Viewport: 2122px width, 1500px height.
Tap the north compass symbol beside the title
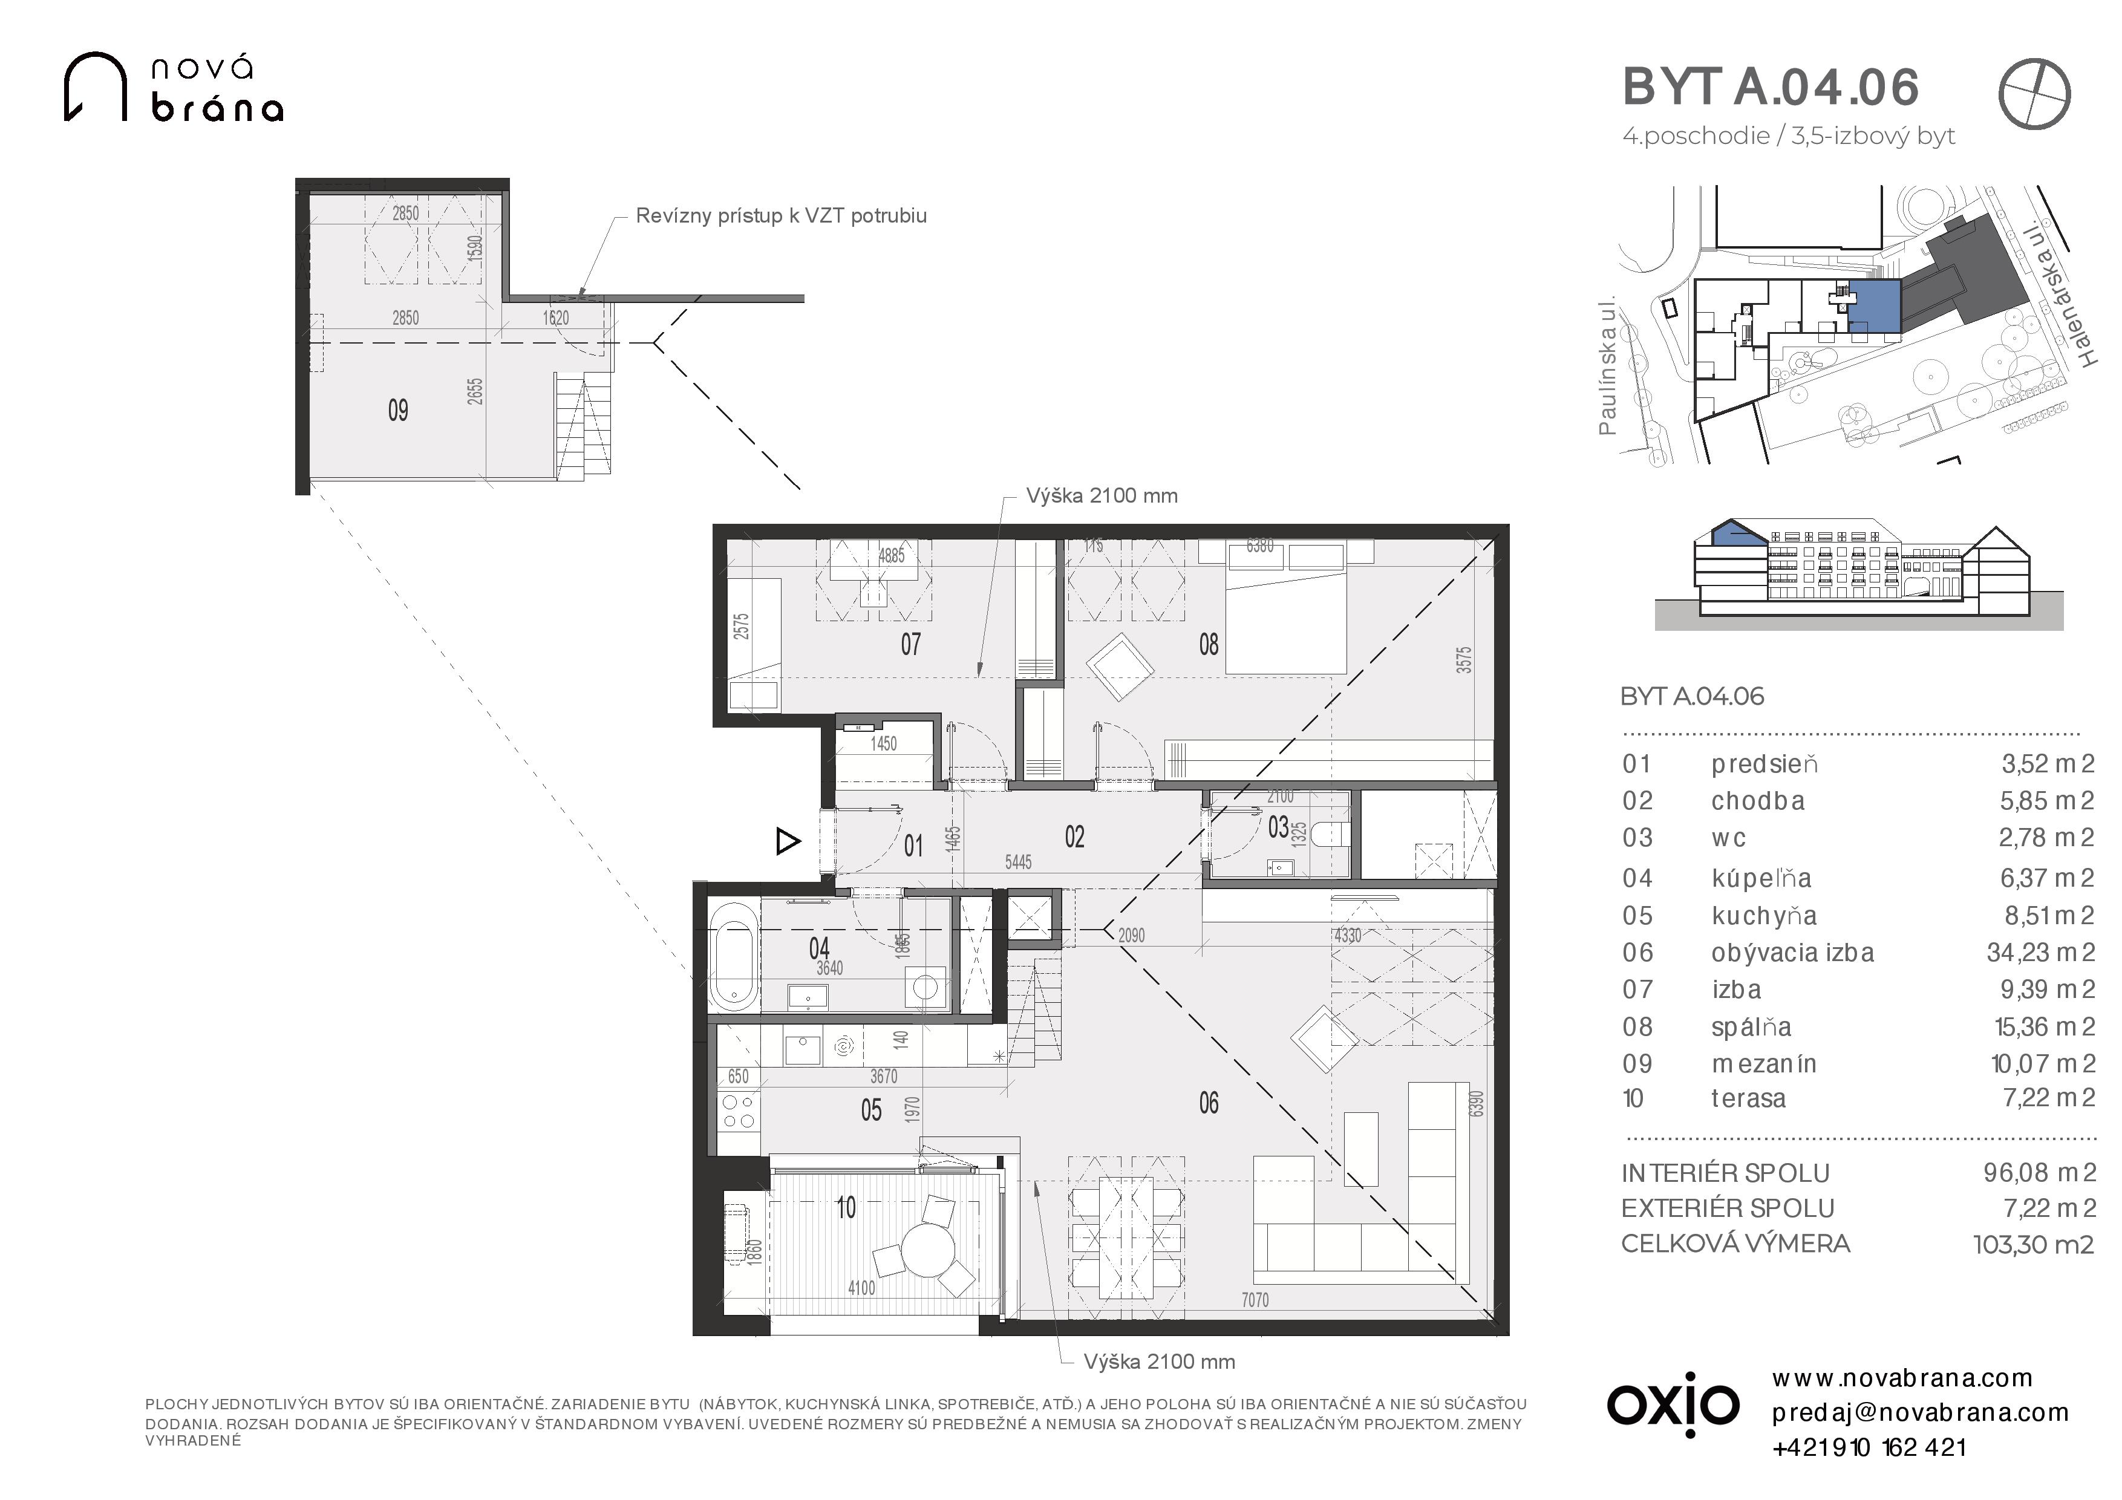point(2034,93)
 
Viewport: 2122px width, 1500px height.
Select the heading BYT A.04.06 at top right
point(1771,87)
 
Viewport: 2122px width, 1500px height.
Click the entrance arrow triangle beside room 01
point(788,841)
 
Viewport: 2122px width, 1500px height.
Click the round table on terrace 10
point(928,1250)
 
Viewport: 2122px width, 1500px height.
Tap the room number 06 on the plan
point(1208,1103)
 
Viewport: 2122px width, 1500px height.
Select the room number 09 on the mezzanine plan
point(399,410)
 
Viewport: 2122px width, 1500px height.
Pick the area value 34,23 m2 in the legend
point(2041,953)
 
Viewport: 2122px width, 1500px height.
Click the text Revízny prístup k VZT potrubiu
point(781,217)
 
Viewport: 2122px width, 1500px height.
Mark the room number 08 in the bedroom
point(1208,644)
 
